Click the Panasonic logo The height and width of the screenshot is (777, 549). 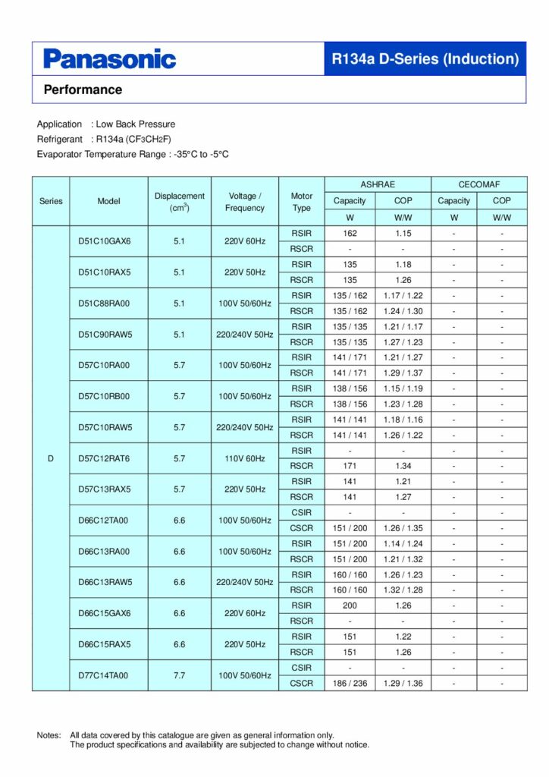pos(109,59)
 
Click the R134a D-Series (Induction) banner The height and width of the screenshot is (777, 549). pos(425,59)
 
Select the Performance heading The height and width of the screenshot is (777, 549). pos(83,90)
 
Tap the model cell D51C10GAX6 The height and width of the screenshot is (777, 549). pos(105,241)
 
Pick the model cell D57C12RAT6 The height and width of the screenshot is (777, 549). pos(105,458)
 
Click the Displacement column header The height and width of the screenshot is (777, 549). pos(179,201)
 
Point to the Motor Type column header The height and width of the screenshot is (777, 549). pos(302,201)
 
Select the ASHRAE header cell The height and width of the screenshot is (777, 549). pos(378,184)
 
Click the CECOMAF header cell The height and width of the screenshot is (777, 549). pos(478,184)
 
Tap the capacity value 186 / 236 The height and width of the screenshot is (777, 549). pos(350,684)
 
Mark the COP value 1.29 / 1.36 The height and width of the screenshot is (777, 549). pos(403,684)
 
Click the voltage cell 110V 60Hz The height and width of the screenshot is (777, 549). pos(245,458)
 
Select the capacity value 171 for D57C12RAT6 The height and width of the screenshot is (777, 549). pos(350,466)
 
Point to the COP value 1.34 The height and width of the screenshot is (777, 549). pos(403,466)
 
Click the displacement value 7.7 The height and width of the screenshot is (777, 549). pos(179,675)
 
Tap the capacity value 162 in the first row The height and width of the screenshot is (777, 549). pos(350,234)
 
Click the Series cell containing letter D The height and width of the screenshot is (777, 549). pos(51,458)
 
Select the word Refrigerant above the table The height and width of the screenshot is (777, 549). pos(59,139)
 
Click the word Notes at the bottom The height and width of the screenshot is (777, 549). pos(49,735)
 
